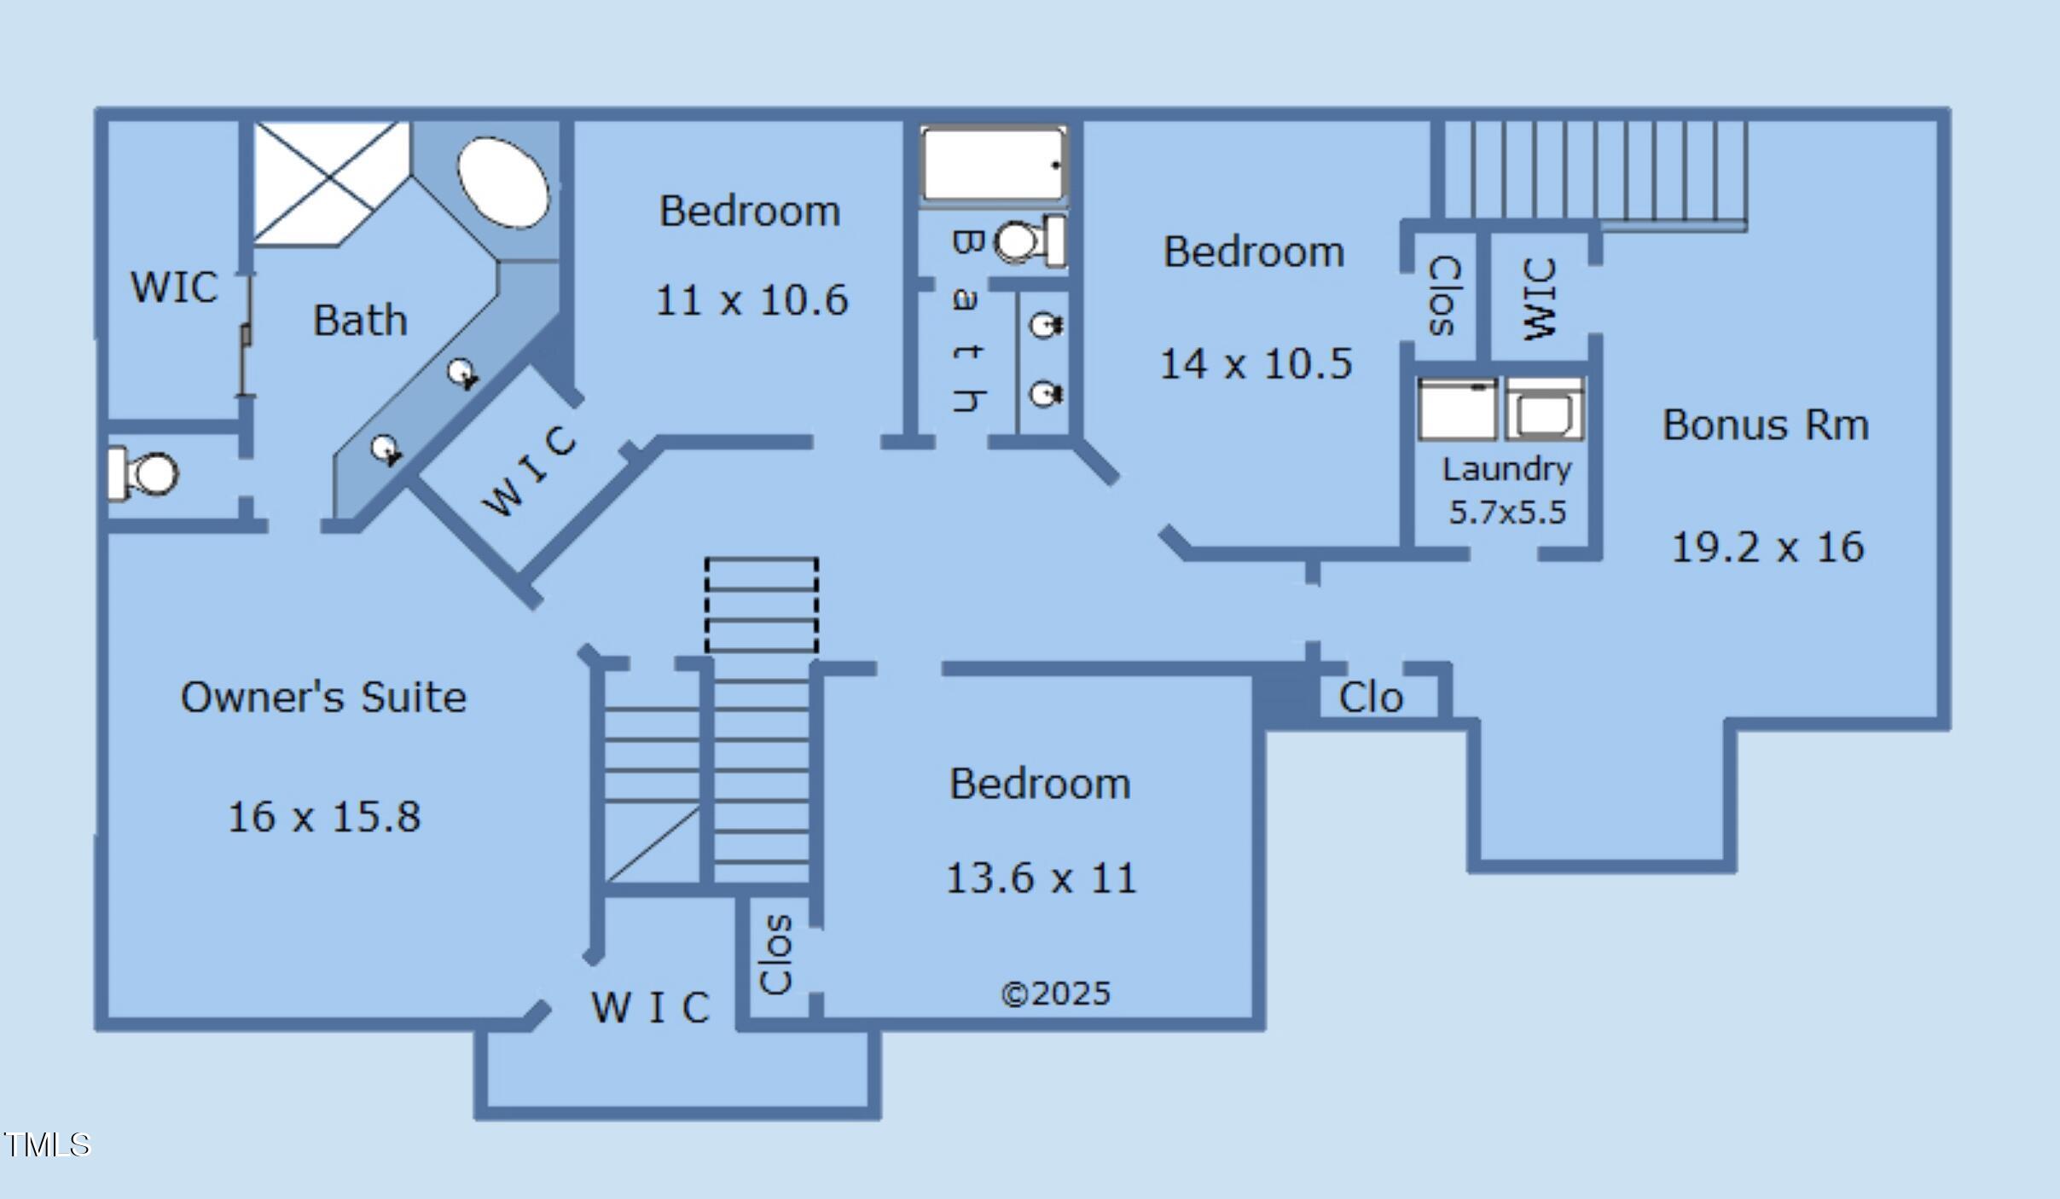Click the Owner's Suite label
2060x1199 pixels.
pyautogui.click(x=323, y=697)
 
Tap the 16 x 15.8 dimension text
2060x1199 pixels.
pyautogui.click(x=324, y=816)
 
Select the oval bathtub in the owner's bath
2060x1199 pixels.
pyautogui.click(x=503, y=182)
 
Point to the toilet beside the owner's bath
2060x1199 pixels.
pyautogui.click(x=143, y=473)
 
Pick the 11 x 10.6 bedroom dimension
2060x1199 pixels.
pyautogui.click(x=751, y=300)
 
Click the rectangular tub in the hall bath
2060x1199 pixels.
pyautogui.click(x=994, y=165)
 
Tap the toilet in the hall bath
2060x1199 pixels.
pyautogui.click(x=1030, y=241)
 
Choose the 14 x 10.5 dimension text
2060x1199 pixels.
pyautogui.click(x=1256, y=363)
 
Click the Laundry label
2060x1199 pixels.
pyautogui.click(x=1507, y=470)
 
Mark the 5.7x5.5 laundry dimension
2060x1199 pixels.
pyautogui.click(x=1507, y=512)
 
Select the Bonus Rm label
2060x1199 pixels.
pyautogui.click(x=1766, y=425)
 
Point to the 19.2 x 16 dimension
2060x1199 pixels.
pyautogui.click(x=1767, y=547)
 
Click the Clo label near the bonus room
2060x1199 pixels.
pyautogui.click(x=1371, y=698)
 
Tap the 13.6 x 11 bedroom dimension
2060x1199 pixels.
pyautogui.click(x=1042, y=878)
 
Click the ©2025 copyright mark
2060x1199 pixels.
pyautogui.click(x=1055, y=993)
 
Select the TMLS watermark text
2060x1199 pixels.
pyautogui.click(x=46, y=1144)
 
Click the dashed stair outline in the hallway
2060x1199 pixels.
pyautogui.click(x=761, y=605)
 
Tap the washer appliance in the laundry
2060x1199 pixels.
pyautogui.click(x=1544, y=409)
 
